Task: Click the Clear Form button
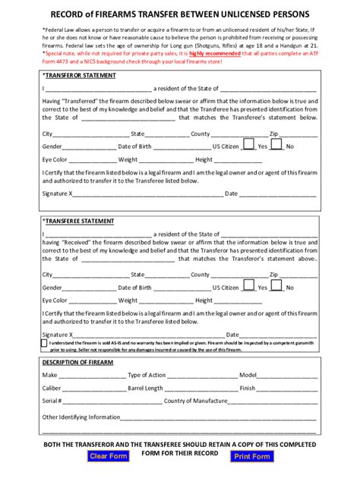point(108,456)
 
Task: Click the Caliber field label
point(52,388)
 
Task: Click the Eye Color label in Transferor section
point(55,160)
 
